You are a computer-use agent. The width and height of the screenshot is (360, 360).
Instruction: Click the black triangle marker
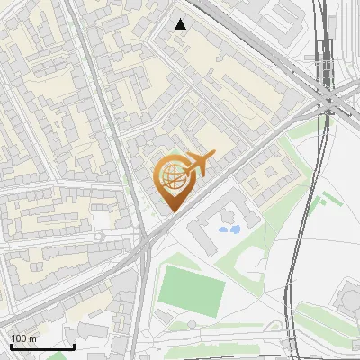181,24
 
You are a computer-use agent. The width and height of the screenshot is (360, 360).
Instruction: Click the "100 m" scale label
23,338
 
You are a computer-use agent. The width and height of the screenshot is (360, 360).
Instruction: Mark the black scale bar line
42,346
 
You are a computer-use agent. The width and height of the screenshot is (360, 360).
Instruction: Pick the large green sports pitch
193,287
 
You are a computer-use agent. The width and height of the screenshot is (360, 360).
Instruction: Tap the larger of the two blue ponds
233,229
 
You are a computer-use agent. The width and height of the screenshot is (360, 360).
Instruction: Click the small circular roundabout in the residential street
101,236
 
